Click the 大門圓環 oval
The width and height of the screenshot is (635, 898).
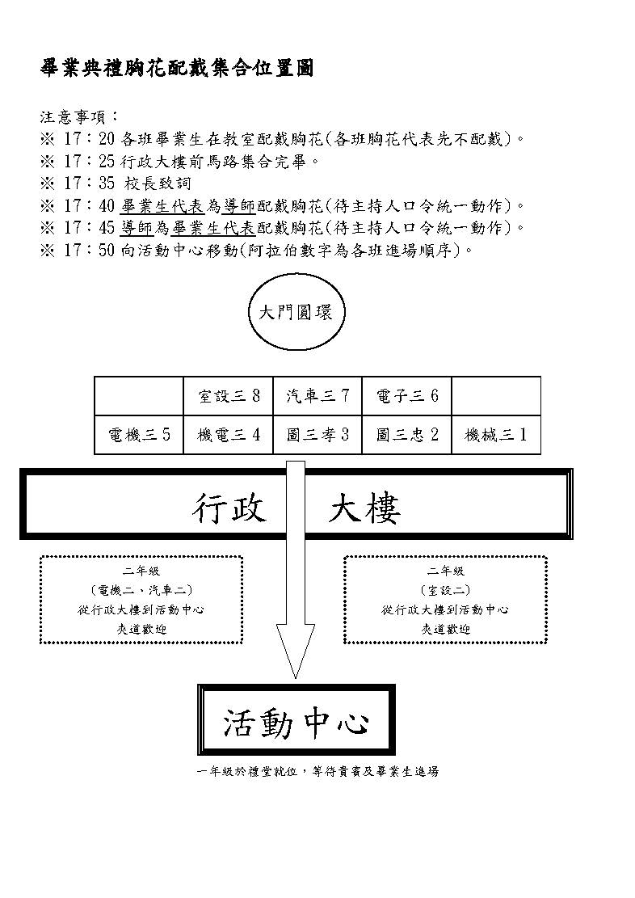click(296, 313)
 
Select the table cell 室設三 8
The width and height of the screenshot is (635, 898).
click(229, 396)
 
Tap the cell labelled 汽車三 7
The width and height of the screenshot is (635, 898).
click(317, 396)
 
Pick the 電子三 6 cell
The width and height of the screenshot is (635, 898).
click(407, 396)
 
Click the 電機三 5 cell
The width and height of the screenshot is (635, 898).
click(139, 435)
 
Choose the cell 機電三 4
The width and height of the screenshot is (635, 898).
click(229, 435)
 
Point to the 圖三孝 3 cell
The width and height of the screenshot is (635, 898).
click(317, 435)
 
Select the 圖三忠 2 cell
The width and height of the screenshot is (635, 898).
click(407, 435)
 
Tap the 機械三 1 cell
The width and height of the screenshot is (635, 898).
click(496, 435)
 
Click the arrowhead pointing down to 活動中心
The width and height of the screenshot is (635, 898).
click(296, 650)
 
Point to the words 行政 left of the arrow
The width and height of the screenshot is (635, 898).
click(229, 508)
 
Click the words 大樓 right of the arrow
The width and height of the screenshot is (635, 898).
click(364, 508)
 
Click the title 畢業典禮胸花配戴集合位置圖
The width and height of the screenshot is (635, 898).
click(177, 68)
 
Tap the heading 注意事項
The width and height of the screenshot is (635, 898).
click(78, 117)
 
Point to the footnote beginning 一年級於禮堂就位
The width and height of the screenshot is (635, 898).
click(317, 771)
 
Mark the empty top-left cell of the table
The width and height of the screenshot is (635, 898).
click(139, 396)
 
